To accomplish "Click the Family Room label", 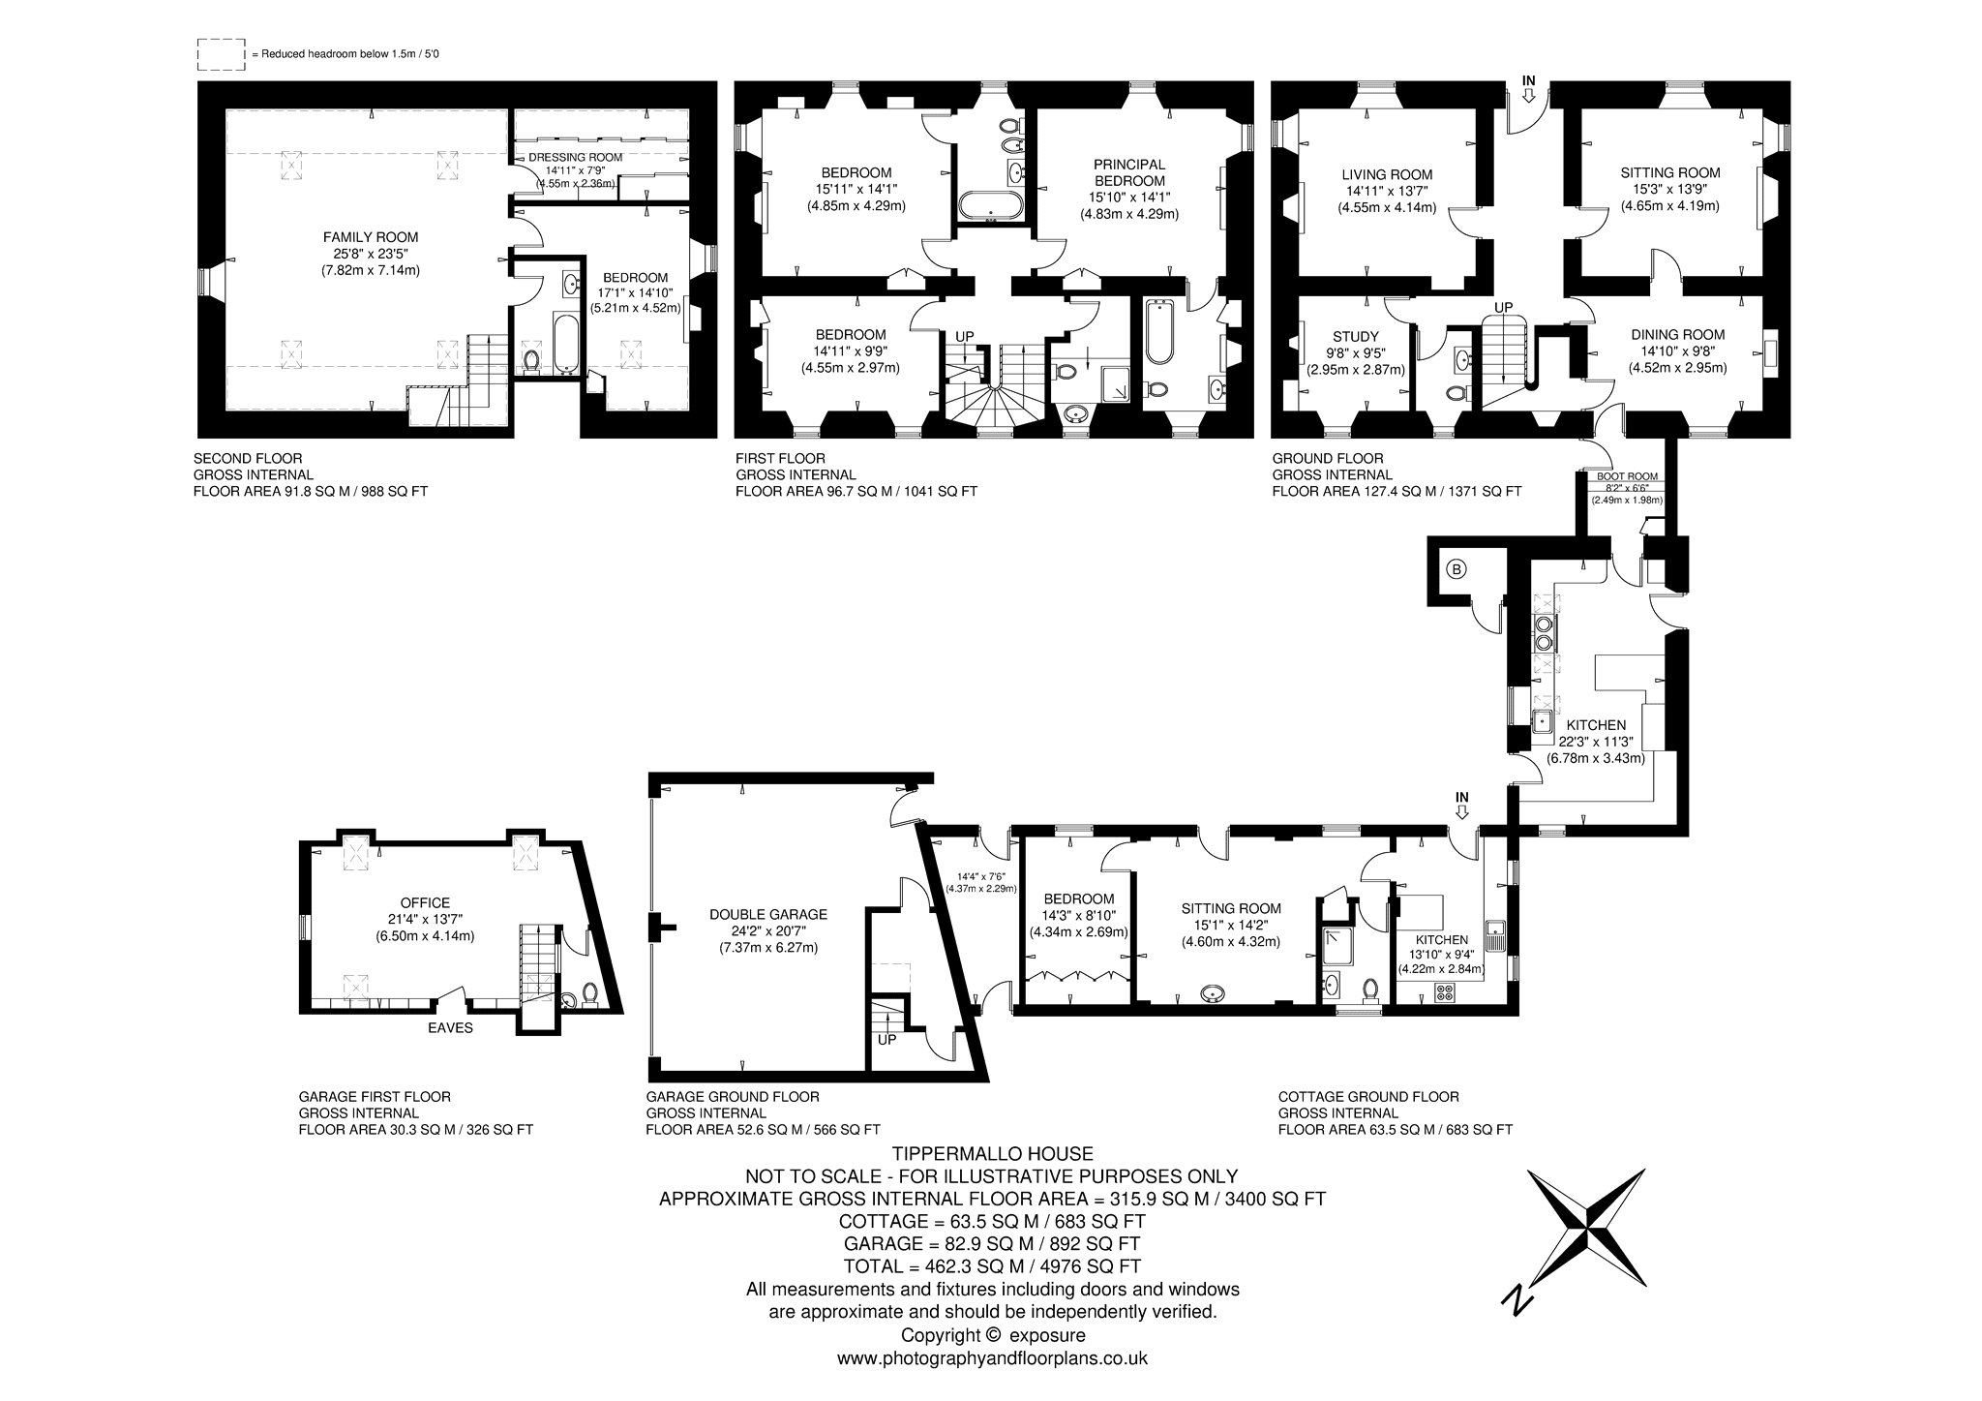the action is coord(371,236).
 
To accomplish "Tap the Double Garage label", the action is coord(768,913).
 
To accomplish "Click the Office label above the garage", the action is coord(427,903).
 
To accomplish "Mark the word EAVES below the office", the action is coord(451,1027).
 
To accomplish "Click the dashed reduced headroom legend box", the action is coord(222,54).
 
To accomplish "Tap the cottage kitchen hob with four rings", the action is coord(1445,991).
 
